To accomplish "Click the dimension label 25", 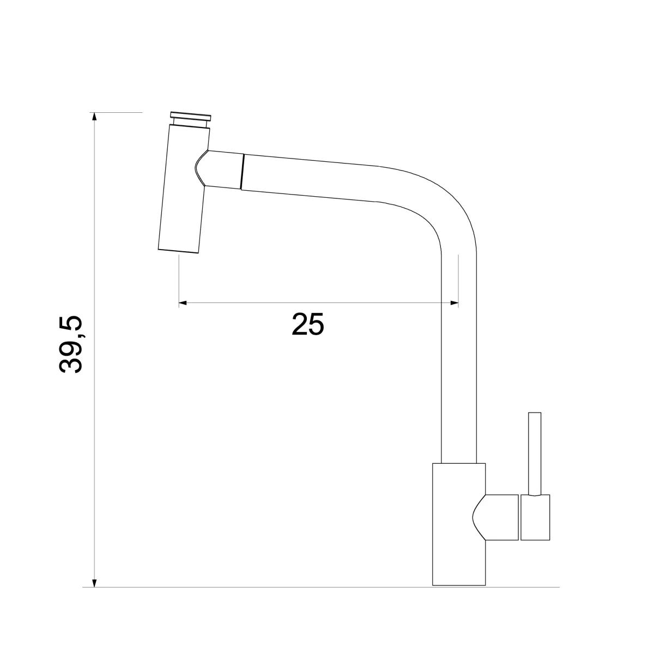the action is point(307,324).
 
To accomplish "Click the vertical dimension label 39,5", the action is point(71,344).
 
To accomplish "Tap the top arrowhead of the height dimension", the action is point(95,117).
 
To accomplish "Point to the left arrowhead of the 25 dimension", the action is point(183,302).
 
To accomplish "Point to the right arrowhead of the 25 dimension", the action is point(454,302).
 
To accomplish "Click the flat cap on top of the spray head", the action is point(191,116).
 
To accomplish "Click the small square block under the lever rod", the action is point(535,517).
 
